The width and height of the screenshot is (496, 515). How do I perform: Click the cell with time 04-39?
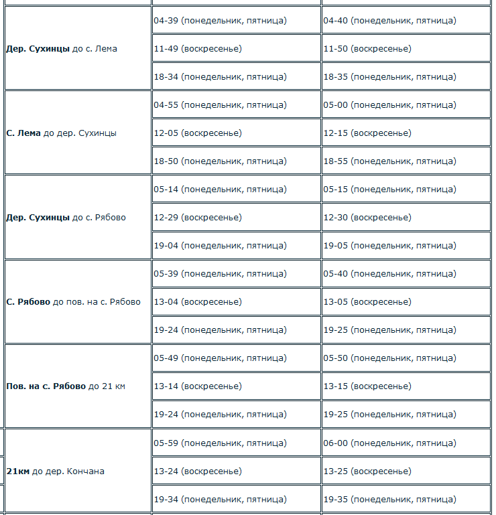221,21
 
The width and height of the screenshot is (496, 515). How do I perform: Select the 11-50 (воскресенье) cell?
367,49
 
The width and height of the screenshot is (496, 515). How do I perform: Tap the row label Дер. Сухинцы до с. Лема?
62,49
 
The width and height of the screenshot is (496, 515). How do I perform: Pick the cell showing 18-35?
389,77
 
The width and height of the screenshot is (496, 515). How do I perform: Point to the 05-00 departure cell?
389,105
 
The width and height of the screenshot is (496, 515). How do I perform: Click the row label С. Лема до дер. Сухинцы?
62,133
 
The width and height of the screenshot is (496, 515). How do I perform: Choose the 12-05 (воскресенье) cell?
198,133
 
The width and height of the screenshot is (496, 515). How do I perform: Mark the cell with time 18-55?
389,161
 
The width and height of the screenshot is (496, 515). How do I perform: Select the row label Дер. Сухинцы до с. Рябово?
66,218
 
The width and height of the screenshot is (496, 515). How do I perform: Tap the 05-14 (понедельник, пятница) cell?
221,190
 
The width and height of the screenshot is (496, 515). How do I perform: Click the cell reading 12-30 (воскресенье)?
367,218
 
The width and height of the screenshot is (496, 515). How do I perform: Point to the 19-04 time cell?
221,246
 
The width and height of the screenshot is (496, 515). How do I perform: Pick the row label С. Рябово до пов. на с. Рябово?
74,302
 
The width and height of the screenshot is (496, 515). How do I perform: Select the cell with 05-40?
389,274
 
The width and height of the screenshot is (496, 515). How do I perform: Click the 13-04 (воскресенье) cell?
198,302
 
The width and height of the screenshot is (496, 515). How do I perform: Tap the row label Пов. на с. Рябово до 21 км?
66,386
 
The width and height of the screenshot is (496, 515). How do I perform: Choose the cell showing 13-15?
367,386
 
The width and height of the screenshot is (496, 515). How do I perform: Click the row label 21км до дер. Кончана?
56,471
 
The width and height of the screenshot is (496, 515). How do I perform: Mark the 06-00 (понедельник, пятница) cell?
389,443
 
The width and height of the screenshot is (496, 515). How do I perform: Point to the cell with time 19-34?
221,499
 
